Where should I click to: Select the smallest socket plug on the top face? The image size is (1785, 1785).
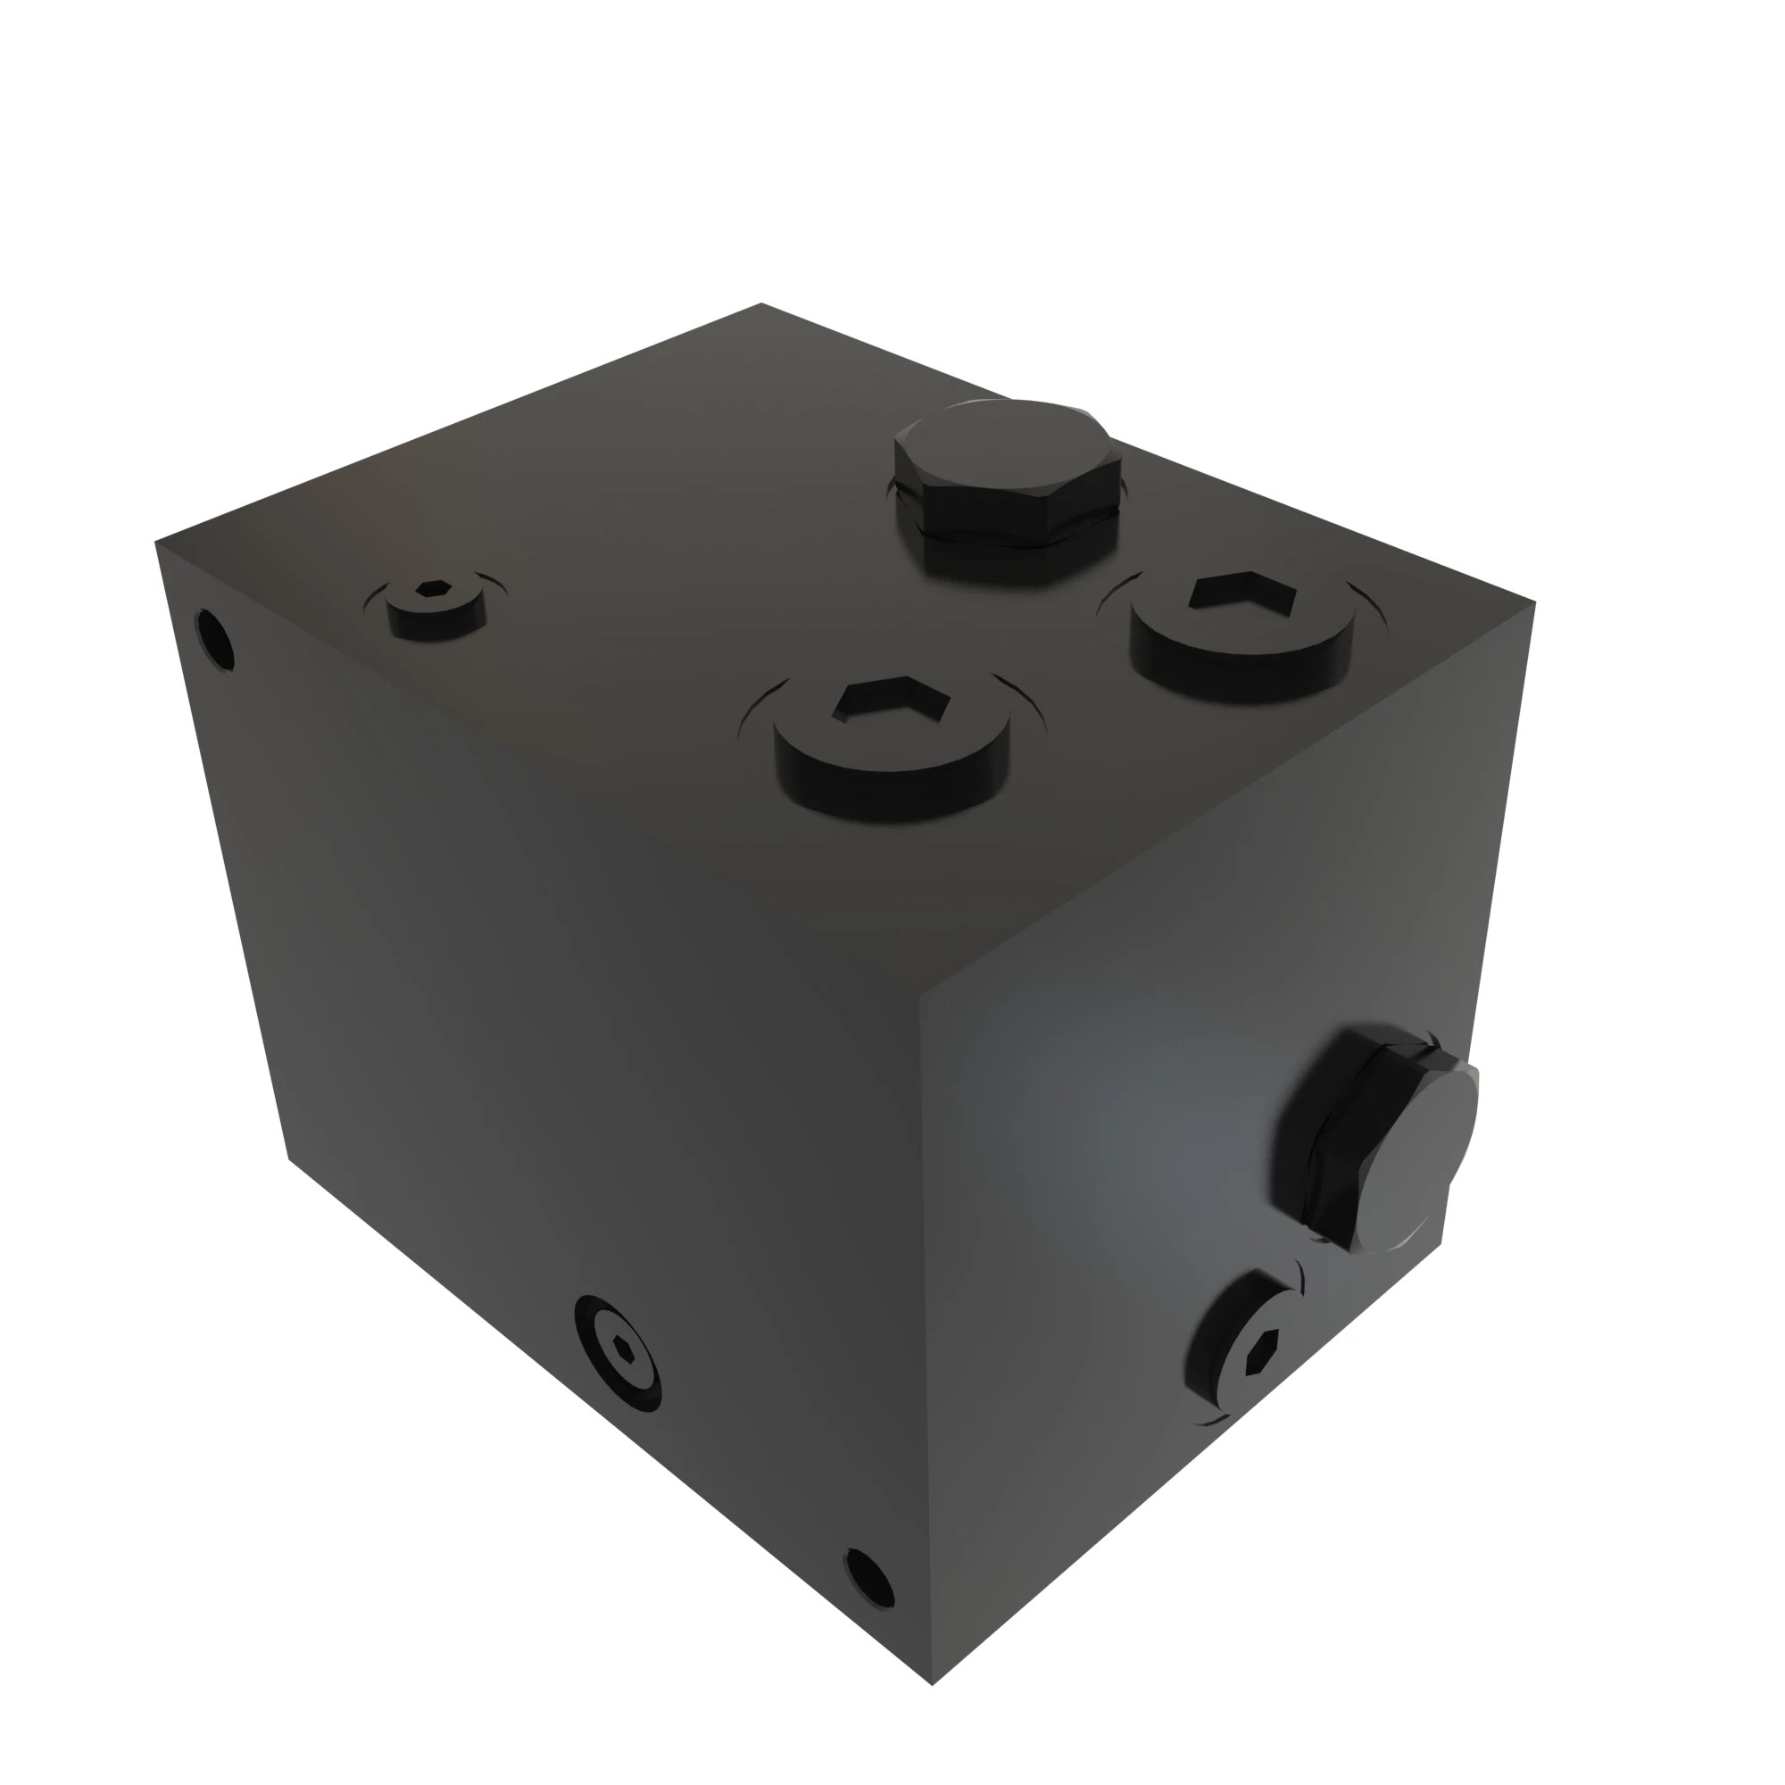pos(436,606)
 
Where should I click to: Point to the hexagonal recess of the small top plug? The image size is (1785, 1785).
pos(434,589)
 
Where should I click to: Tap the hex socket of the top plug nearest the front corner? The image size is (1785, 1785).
pos(891,701)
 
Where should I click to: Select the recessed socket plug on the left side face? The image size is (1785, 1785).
pos(619,1353)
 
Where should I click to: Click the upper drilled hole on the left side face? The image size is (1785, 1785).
pos(215,637)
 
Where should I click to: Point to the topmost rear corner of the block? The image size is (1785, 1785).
pos(761,303)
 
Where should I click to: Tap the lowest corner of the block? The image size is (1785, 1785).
pos(933,1683)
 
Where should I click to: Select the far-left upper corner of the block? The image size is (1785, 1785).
pos(155,543)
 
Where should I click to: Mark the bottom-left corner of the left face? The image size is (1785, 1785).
pos(289,1159)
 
